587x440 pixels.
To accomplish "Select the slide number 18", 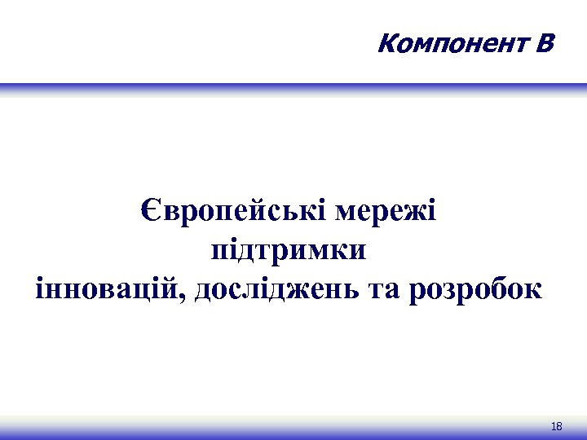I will click(558, 427).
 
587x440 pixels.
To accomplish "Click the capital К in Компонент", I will click(386, 41).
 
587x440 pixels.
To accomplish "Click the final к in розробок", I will click(532, 290).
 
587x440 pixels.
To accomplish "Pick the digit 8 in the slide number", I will click(560, 427).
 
